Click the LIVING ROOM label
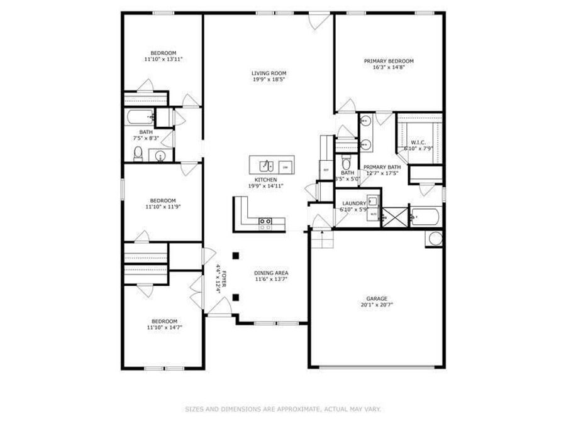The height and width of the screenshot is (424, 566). tap(265, 73)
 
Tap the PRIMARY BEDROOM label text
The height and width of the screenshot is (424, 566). tap(389, 61)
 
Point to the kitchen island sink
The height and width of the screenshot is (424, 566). tap(265, 166)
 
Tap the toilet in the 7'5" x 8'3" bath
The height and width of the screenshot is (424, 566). tap(138, 153)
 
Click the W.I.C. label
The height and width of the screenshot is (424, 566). tap(419, 143)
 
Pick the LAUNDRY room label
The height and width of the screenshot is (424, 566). tap(353, 204)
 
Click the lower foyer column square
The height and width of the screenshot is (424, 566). tap(235, 297)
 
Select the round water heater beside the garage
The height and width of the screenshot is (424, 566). tap(435, 239)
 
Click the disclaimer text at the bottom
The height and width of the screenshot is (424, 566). tap(282, 409)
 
